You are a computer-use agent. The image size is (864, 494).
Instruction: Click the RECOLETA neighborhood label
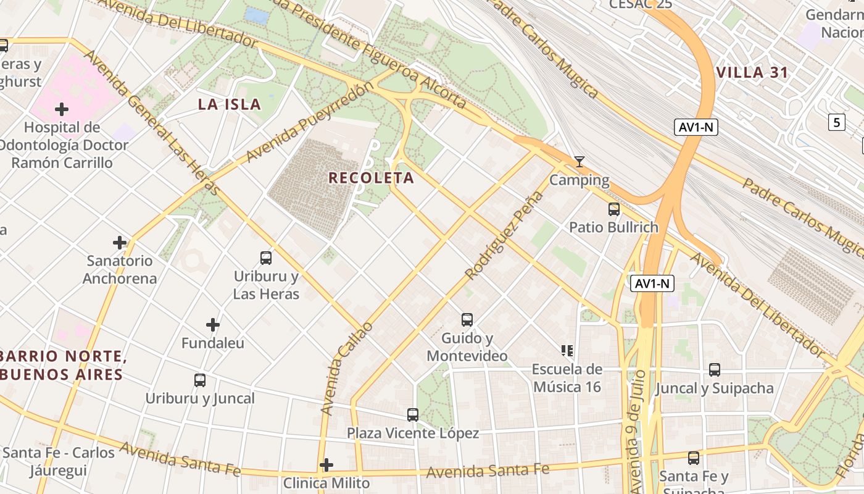pos(371,178)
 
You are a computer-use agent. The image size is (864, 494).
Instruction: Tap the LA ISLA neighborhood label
pos(230,104)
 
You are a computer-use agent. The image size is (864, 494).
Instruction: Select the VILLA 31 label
pos(752,73)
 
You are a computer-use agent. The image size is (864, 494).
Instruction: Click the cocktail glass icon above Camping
pos(579,162)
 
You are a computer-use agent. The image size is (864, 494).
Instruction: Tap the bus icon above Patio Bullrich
pos(613,209)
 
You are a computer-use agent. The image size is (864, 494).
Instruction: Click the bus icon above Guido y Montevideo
pos(467,320)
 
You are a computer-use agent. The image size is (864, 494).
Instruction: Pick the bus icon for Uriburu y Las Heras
pos(266,258)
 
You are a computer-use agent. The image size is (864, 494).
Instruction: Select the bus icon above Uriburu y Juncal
pos(200,380)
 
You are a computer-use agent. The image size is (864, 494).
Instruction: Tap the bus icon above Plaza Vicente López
pos(413,415)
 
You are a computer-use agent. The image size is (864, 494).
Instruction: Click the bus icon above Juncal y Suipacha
pos(715,370)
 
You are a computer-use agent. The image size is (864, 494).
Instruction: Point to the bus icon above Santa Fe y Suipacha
pos(694,458)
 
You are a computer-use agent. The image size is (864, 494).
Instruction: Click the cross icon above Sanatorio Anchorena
pos(120,243)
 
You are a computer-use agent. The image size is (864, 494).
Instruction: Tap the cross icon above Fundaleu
pos(213,325)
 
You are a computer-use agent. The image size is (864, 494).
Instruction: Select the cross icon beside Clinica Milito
pos(326,464)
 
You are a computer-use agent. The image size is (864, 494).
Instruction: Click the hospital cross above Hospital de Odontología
pos(62,110)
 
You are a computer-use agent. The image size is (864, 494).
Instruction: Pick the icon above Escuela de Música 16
pos(567,351)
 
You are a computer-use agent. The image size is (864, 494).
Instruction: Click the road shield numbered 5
pos(836,122)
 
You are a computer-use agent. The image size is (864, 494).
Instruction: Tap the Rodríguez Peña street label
pos(504,235)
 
